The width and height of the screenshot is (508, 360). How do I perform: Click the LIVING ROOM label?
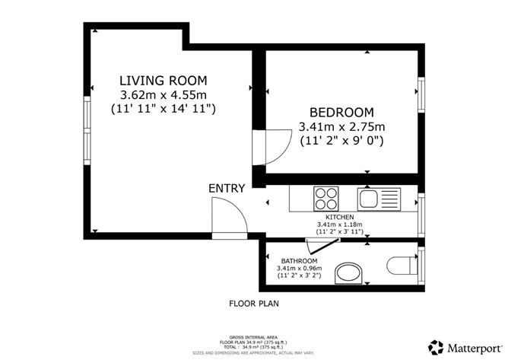pos(164,80)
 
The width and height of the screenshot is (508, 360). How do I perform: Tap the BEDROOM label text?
pos(341,112)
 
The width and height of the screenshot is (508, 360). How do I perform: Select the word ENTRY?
pos(227,189)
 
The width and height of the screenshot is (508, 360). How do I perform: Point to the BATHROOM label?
pos(298,260)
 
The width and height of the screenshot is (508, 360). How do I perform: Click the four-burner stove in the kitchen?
pos(327,199)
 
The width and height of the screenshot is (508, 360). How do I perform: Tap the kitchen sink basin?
pos(369,199)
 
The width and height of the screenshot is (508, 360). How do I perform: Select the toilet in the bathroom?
pos(401,266)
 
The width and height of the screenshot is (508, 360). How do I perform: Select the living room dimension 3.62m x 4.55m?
pos(164,94)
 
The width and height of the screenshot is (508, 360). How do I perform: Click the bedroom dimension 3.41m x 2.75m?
pos(341,126)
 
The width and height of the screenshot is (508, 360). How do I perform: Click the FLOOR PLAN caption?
pos(254,303)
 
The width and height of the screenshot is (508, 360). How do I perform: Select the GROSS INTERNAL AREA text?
pos(253,336)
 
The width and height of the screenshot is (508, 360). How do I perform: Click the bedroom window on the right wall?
pos(421,94)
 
